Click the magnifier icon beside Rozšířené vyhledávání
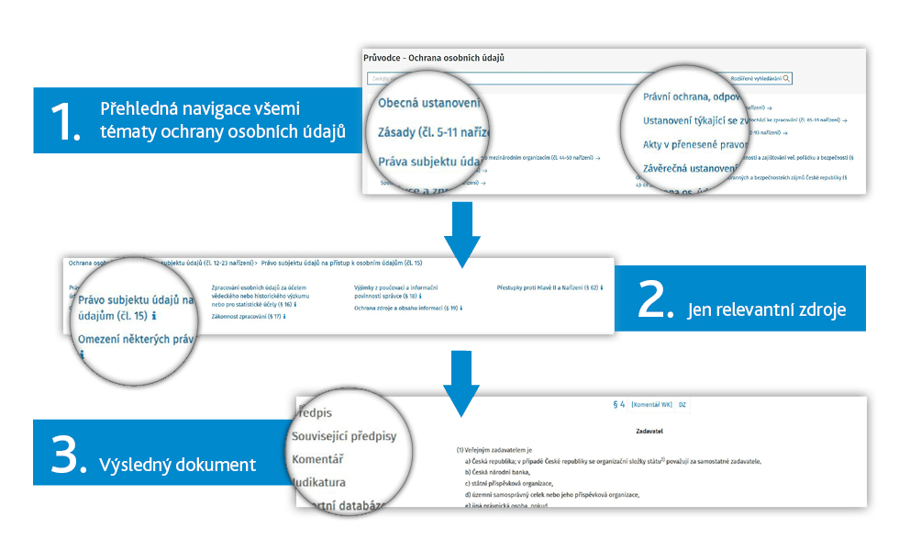click(786, 79)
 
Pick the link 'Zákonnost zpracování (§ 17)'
click(247, 316)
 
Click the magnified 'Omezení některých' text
click(137, 340)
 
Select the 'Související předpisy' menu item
click(344, 435)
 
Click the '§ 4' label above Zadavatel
click(619, 403)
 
